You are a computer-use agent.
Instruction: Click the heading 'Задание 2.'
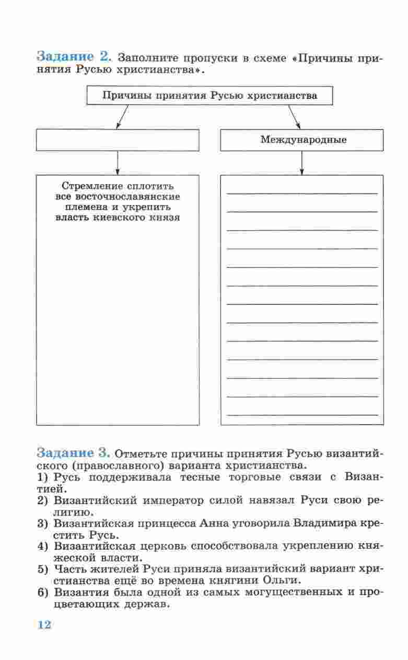(74, 56)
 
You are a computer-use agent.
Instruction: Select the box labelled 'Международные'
(302, 140)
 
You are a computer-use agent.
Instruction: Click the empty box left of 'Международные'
(118, 140)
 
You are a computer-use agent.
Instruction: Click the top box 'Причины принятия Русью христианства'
(209, 96)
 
